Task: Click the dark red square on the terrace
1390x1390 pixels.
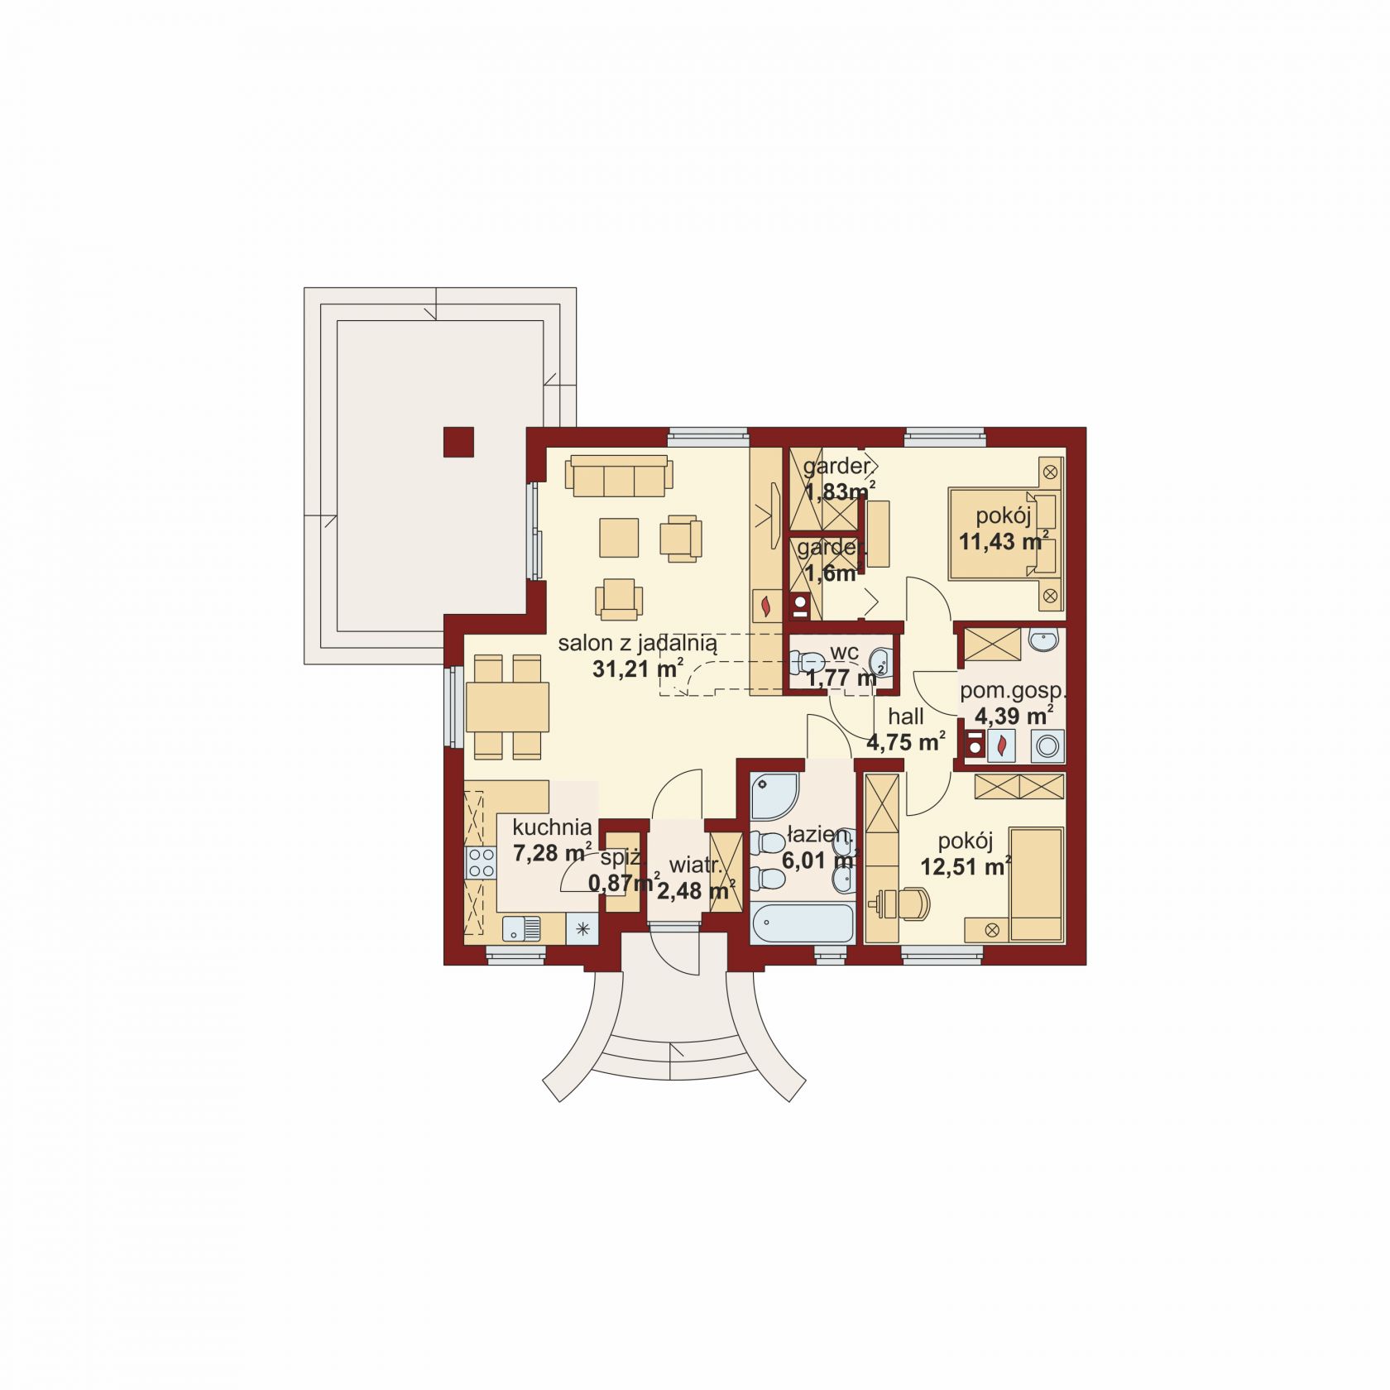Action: (x=458, y=442)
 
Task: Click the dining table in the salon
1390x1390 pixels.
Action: (x=507, y=707)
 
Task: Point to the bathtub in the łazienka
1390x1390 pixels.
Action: (x=802, y=923)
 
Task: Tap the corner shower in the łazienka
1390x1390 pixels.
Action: (x=774, y=795)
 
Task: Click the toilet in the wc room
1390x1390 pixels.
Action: (x=805, y=662)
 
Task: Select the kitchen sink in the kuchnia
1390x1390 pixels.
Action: (x=521, y=928)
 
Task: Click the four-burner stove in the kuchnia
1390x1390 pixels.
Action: (x=480, y=863)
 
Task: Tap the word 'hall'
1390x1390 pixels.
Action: (x=906, y=716)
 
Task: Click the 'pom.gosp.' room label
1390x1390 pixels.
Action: (x=1013, y=691)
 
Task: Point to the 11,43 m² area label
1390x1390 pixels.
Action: (x=1004, y=542)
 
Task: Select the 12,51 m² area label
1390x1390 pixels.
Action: (x=966, y=866)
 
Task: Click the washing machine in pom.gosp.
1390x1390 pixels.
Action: (x=1048, y=746)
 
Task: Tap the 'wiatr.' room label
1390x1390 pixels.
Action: (x=696, y=865)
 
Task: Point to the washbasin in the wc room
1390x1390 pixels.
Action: (x=882, y=662)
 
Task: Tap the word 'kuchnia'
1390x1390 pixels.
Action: (x=552, y=827)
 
